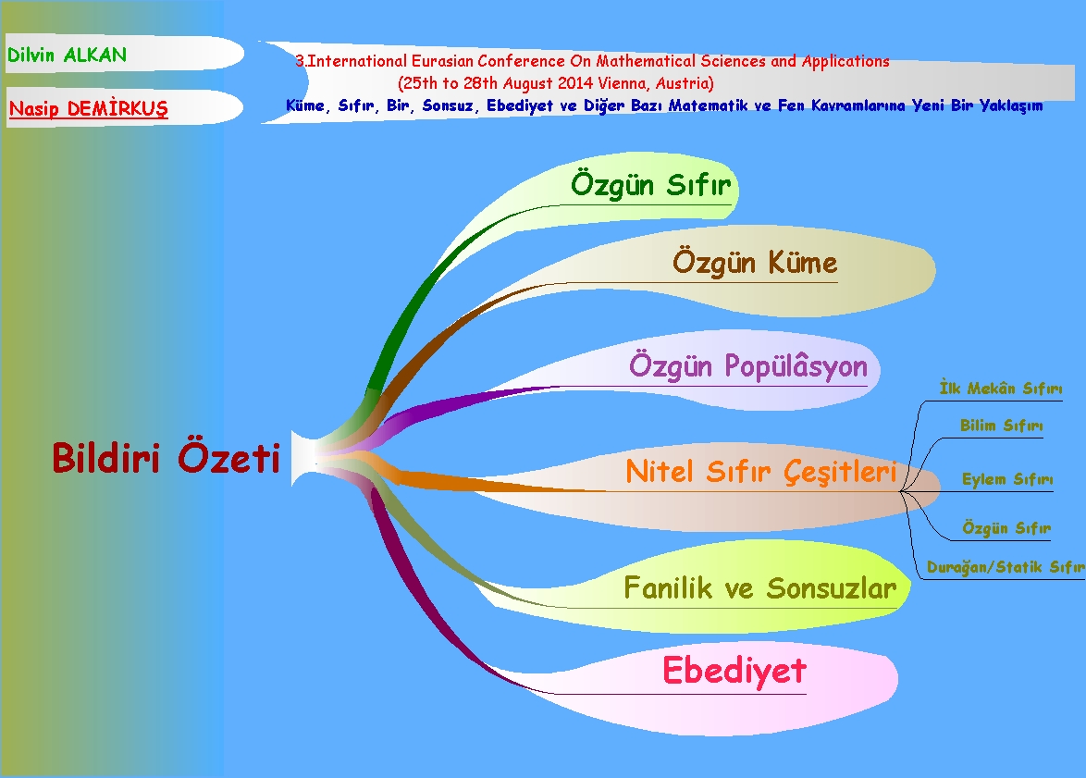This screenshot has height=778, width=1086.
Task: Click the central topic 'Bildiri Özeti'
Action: click(x=166, y=459)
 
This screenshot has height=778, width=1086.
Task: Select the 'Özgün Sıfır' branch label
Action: click(x=650, y=184)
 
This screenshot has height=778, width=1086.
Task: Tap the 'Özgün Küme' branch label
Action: click(x=754, y=263)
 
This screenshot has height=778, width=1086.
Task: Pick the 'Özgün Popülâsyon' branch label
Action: click(x=747, y=365)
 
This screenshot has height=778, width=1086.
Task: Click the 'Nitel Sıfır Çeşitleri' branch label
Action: click(x=760, y=472)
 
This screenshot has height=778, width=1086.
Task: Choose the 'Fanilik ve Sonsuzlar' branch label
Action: click(x=759, y=588)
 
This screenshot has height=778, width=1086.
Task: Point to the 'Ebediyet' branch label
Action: click(x=734, y=671)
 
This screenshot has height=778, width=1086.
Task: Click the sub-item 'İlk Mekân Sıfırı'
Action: click(x=1000, y=389)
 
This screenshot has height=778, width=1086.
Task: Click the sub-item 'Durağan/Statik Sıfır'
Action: click(x=1006, y=567)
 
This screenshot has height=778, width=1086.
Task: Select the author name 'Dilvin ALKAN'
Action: click(x=67, y=56)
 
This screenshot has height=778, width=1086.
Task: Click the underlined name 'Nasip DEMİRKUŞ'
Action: click(x=89, y=109)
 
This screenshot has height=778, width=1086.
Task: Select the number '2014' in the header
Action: click(x=560, y=83)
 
